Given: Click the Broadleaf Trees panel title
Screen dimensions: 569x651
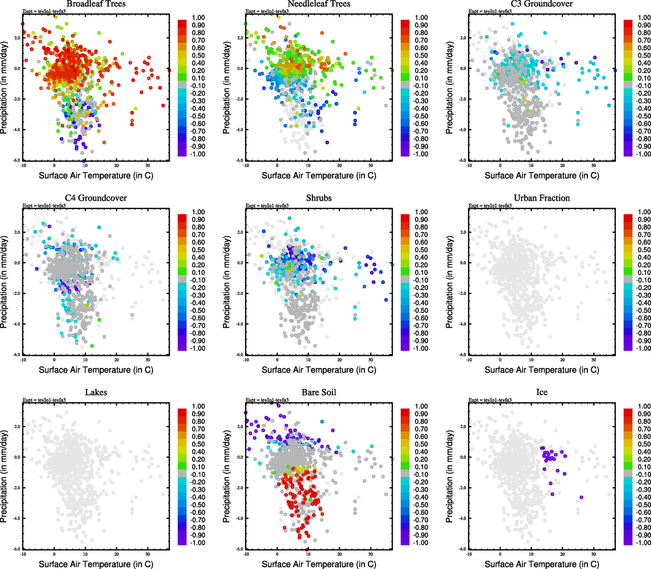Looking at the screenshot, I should (x=96, y=4).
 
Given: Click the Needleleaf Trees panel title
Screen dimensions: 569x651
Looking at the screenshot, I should (x=319, y=4).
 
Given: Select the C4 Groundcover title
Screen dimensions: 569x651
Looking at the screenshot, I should (x=96, y=198).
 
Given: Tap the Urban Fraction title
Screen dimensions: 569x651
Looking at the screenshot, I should (x=541, y=198).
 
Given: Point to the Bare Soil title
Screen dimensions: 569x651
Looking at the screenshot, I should (x=319, y=393).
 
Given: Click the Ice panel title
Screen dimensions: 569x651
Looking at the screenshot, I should (x=541, y=393).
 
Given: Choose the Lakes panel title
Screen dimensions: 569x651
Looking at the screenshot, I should (x=96, y=393).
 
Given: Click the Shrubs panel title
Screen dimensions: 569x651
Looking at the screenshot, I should (x=319, y=198).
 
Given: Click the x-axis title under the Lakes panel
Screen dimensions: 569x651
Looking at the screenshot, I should (x=96, y=564).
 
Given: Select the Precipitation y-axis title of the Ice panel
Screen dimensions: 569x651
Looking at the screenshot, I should (x=449, y=477).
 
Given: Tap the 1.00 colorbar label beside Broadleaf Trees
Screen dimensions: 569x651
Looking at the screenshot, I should (x=198, y=18).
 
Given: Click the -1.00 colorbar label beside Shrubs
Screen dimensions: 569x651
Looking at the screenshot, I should (x=421, y=349).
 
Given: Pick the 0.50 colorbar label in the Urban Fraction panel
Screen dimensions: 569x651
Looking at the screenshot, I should (x=644, y=250).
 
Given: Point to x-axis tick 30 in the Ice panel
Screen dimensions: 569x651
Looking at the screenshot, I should (x=594, y=554).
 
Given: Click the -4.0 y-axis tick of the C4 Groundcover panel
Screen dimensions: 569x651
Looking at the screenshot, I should (x=17, y=324).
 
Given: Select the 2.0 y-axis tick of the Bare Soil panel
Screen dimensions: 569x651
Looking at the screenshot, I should (x=240, y=427).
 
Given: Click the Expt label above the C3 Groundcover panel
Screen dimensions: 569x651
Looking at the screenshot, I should (x=490, y=11).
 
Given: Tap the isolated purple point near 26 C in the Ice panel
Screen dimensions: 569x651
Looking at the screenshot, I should (x=581, y=497).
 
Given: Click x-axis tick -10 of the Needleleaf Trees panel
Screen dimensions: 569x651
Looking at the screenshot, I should (x=246, y=165).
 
